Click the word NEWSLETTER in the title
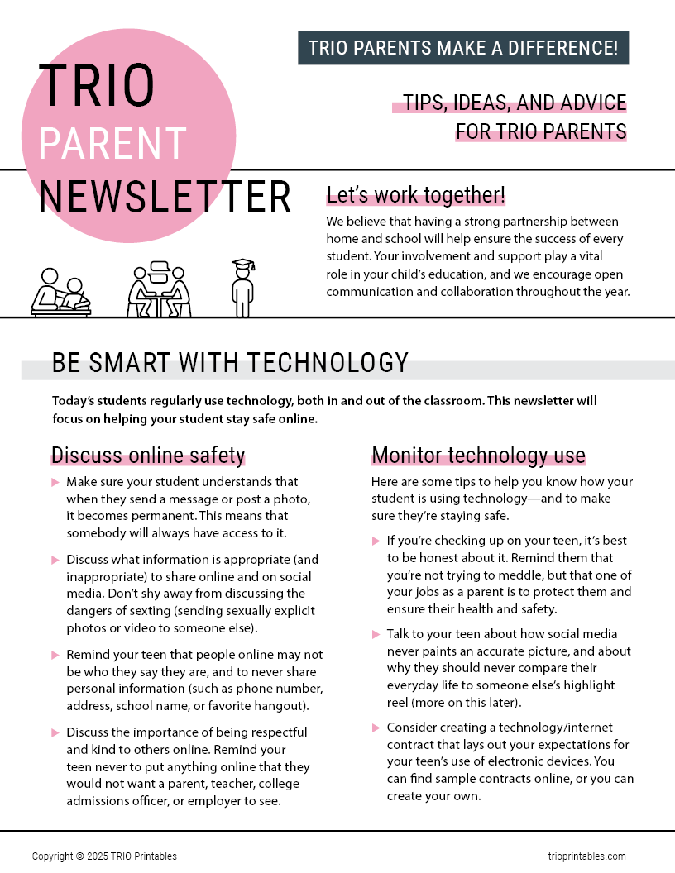pos(165,197)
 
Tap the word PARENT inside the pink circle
pos(112,143)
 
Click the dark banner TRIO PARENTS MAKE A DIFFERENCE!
pos(463,48)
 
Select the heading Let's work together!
pos(415,195)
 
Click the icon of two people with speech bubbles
pos(160,289)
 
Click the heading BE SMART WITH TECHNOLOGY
pos(230,363)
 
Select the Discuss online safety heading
pos(148,456)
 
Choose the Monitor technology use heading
pos(478,456)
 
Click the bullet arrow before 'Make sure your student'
pos(55,482)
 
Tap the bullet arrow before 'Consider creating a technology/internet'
pos(376,727)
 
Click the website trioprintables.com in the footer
pos(586,856)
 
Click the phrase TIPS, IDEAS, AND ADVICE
pos(515,103)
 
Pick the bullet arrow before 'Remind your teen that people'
pos(55,655)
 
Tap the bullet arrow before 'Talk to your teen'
pos(376,634)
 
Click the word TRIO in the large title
pos(96,86)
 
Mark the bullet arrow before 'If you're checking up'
pos(376,541)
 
